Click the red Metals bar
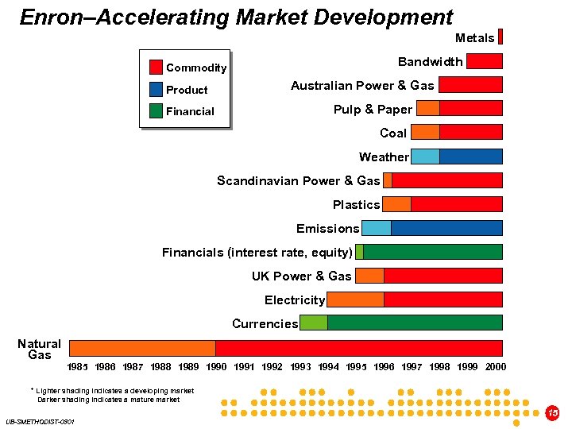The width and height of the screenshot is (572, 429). click(x=500, y=37)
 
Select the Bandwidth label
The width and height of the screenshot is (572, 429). click(x=430, y=62)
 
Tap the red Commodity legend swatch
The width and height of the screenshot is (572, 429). click(x=157, y=68)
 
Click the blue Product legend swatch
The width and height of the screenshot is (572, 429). click(x=157, y=89)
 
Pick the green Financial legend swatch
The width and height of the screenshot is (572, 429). click(x=157, y=111)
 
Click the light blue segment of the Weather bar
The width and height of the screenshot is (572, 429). click(x=425, y=157)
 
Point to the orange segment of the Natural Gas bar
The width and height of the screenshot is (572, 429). click(x=142, y=348)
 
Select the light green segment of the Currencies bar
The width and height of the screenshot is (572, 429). click(x=313, y=323)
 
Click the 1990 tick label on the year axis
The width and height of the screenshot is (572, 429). click(x=216, y=367)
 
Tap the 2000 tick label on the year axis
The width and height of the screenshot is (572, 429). click(x=495, y=367)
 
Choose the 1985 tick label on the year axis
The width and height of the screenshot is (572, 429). click(x=78, y=367)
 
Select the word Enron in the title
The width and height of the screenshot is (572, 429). click(x=49, y=17)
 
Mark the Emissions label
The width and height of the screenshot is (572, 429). click(x=327, y=229)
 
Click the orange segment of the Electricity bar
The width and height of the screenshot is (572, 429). click(x=355, y=300)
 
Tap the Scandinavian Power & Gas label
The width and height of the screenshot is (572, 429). click(x=298, y=181)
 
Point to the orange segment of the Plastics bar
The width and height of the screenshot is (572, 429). click(x=396, y=204)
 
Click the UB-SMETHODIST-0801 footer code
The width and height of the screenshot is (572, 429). click(x=40, y=421)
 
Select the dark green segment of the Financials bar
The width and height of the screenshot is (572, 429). click(x=432, y=252)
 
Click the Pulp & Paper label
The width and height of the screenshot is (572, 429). click(x=373, y=110)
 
